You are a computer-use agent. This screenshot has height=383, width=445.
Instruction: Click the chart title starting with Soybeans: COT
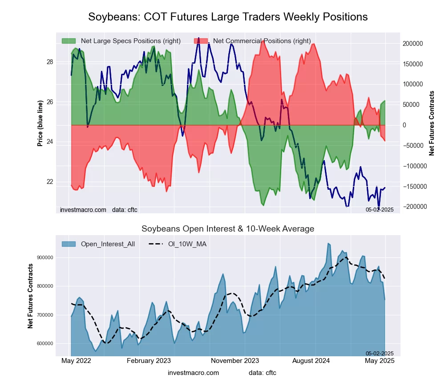tap(228, 17)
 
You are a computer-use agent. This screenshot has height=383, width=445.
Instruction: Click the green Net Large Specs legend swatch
tap(69, 41)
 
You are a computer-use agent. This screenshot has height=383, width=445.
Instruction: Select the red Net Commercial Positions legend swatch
tap(201, 41)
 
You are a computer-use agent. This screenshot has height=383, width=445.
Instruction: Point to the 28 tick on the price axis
tap(50, 62)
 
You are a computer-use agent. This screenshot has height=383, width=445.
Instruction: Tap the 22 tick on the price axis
tap(50, 182)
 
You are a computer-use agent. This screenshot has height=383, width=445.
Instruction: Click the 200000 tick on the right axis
tap(412, 44)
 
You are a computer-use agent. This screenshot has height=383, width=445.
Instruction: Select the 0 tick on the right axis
tap(405, 125)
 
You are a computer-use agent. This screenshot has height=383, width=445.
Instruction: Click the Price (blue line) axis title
tap(40, 123)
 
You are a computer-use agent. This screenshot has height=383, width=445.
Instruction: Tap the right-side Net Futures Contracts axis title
tap(432, 123)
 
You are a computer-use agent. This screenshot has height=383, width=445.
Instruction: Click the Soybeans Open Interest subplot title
tap(228, 229)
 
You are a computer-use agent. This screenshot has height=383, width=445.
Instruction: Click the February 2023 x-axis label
tap(149, 361)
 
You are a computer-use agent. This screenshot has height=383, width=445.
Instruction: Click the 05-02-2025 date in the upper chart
tap(380, 209)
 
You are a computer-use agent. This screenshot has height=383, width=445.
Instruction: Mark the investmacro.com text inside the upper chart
tap(83, 209)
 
